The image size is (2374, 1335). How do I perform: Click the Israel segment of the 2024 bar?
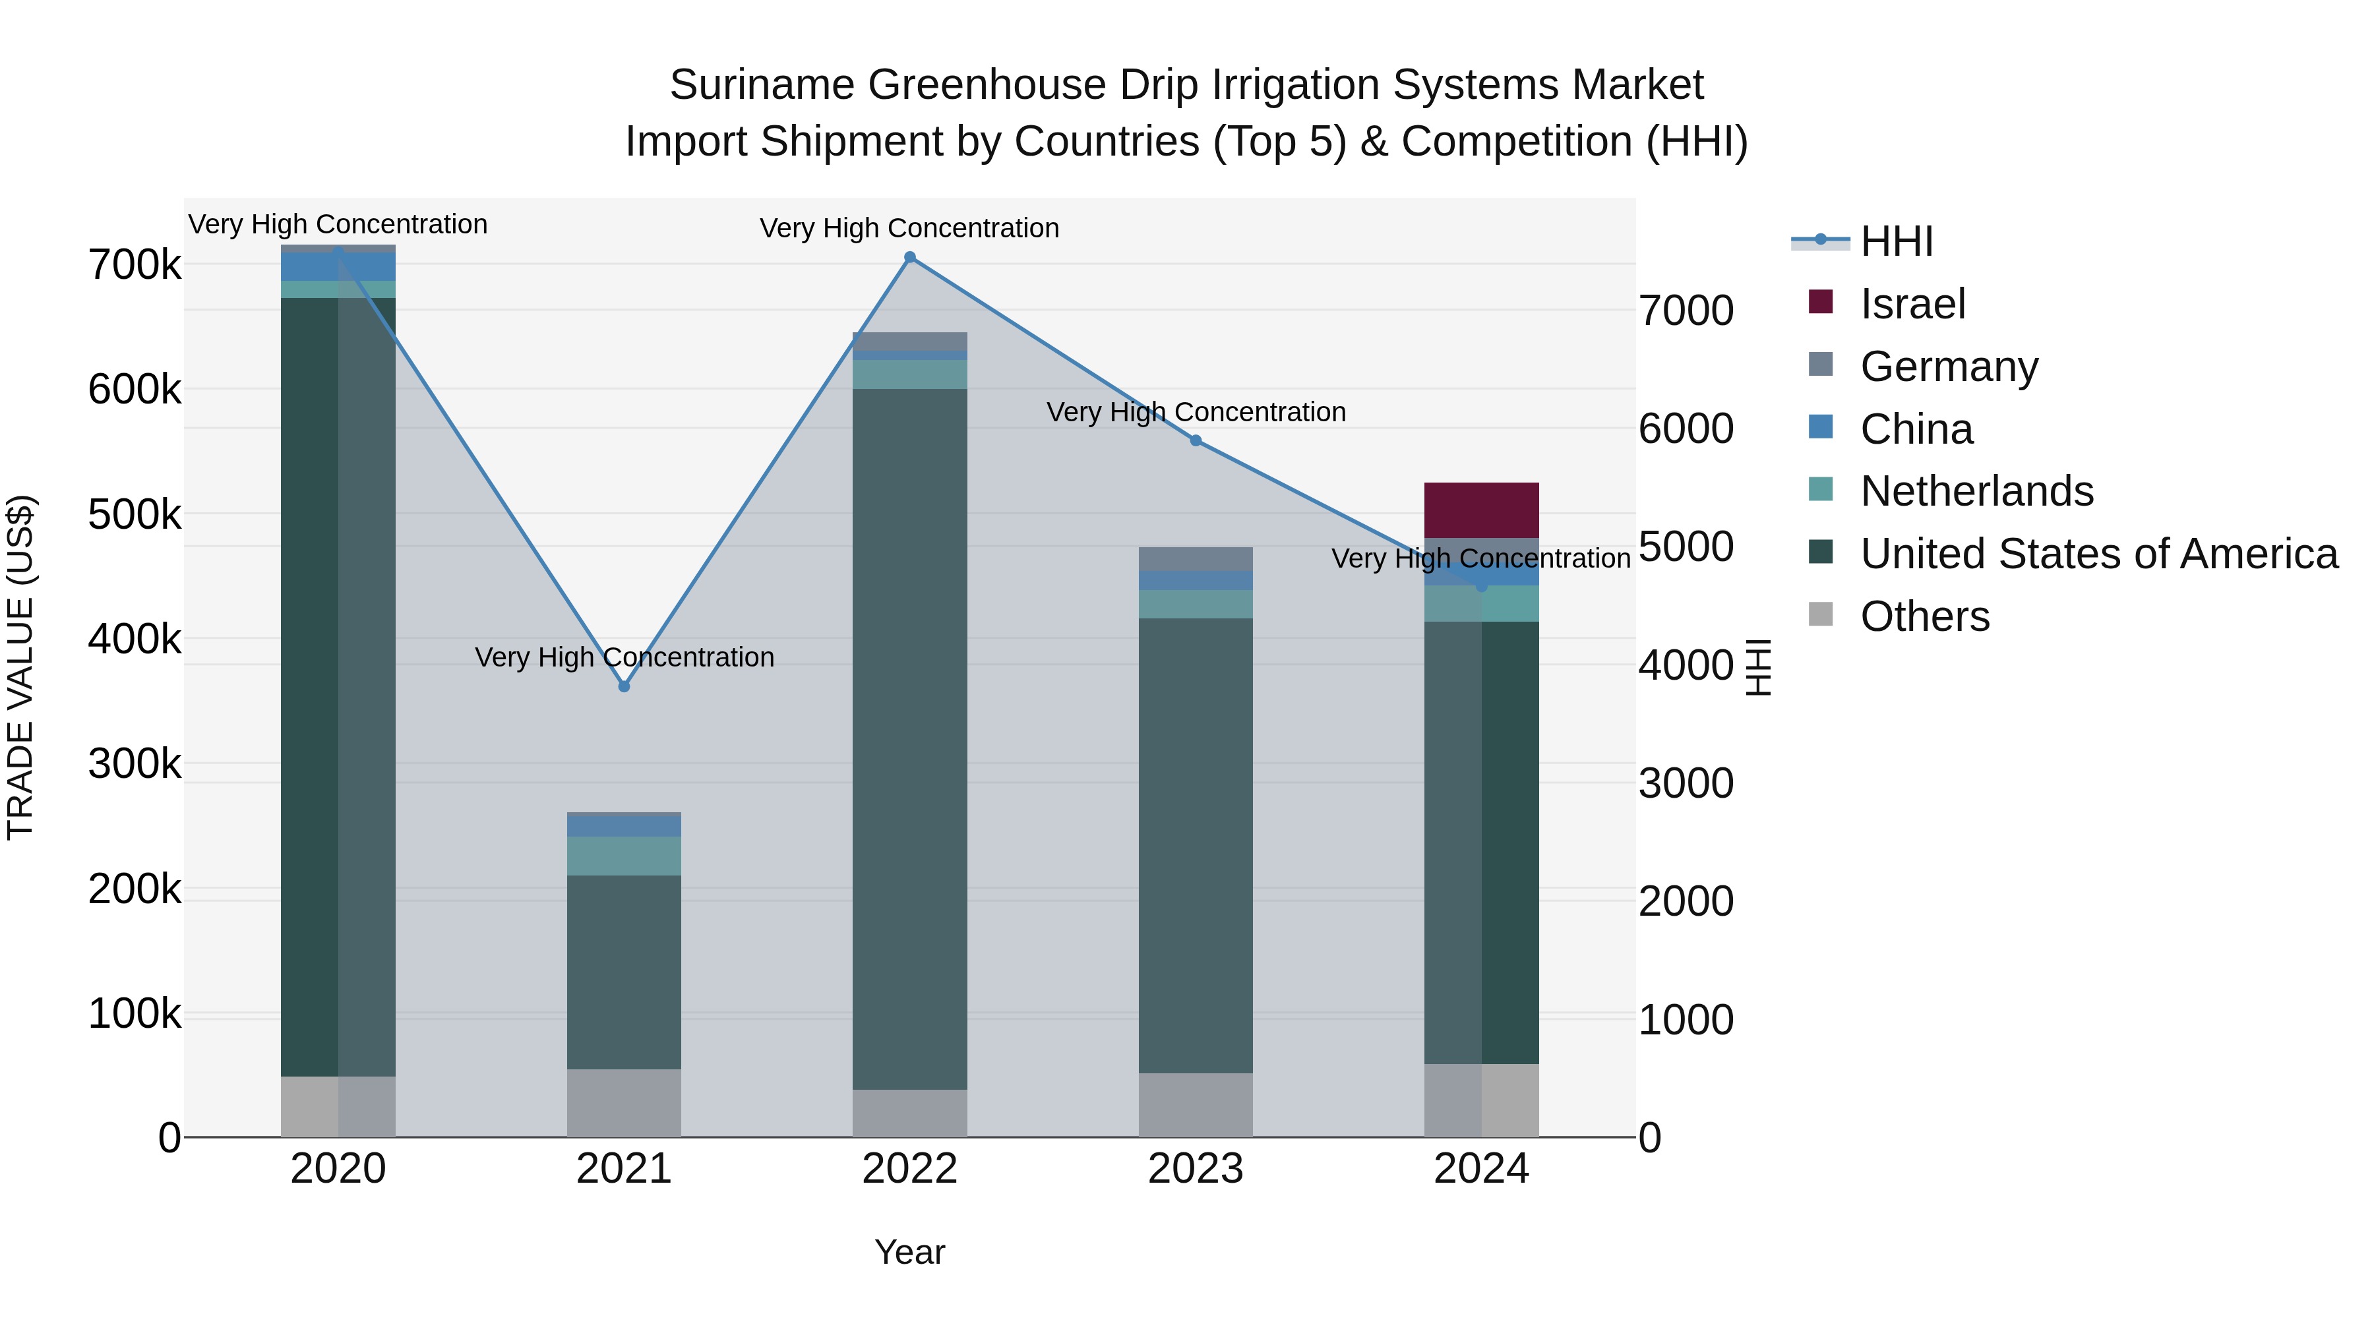(1481, 510)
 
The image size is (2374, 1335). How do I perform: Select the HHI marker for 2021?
(624, 686)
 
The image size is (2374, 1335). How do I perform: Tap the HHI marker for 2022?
(909, 257)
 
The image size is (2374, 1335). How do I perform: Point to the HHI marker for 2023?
(1196, 440)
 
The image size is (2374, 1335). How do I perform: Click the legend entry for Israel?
(1912, 304)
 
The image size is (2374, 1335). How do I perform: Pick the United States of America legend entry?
(2098, 554)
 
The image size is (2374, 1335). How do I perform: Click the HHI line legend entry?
(1896, 241)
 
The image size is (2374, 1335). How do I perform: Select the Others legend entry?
(1924, 616)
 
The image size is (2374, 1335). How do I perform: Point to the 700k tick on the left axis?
(135, 265)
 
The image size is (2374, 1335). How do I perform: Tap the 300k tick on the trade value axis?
(135, 764)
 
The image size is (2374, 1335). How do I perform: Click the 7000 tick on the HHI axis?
(1686, 311)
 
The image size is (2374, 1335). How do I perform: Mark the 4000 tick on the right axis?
(1686, 665)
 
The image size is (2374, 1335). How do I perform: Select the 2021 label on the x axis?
(624, 1169)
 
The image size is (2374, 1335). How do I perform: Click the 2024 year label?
(1481, 1169)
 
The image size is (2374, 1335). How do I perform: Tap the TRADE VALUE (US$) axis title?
(20, 667)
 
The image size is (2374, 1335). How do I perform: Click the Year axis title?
(909, 1252)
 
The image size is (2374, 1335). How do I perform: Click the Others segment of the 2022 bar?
(909, 1113)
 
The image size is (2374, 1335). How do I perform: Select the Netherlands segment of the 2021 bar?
(624, 856)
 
